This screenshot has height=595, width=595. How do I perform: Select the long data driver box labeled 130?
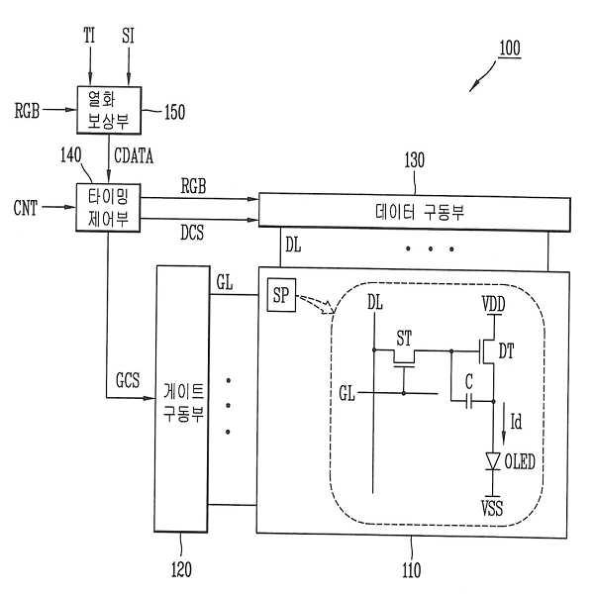tap(413, 211)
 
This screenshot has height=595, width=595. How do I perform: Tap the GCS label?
tap(129, 380)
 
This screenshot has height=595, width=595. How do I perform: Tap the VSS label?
tap(492, 509)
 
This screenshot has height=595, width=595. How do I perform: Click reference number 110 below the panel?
tap(411, 570)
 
